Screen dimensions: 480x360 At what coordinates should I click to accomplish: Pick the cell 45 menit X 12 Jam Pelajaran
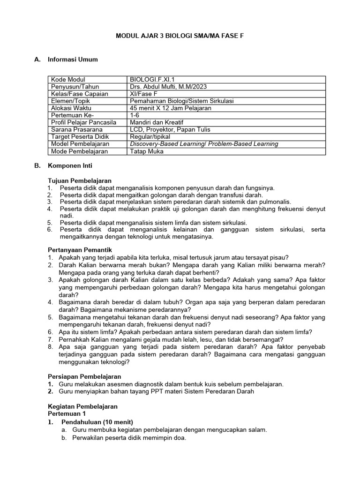click(x=171, y=108)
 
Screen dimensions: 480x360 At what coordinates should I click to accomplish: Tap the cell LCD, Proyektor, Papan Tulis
click(x=170, y=129)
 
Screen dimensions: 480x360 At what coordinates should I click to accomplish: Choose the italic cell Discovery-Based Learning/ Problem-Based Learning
click(x=204, y=144)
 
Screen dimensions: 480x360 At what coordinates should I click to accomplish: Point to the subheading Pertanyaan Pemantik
click(x=80, y=249)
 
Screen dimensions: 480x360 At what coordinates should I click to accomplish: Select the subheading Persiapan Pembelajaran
click(x=85, y=376)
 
